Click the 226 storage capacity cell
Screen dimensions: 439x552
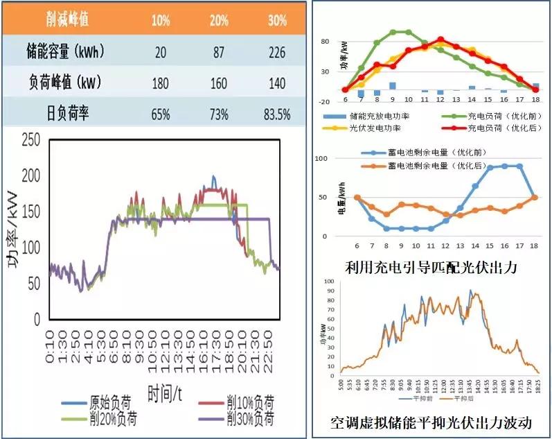(x=277, y=51)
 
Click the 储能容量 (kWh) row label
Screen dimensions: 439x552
(x=62, y=51)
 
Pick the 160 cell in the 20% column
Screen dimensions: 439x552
(x=219, y=83)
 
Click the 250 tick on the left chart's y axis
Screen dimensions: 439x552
(x=29, y=141)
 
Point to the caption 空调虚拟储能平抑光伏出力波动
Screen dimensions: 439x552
(x=431, y=422)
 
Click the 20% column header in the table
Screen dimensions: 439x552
(x=219, y=20)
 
